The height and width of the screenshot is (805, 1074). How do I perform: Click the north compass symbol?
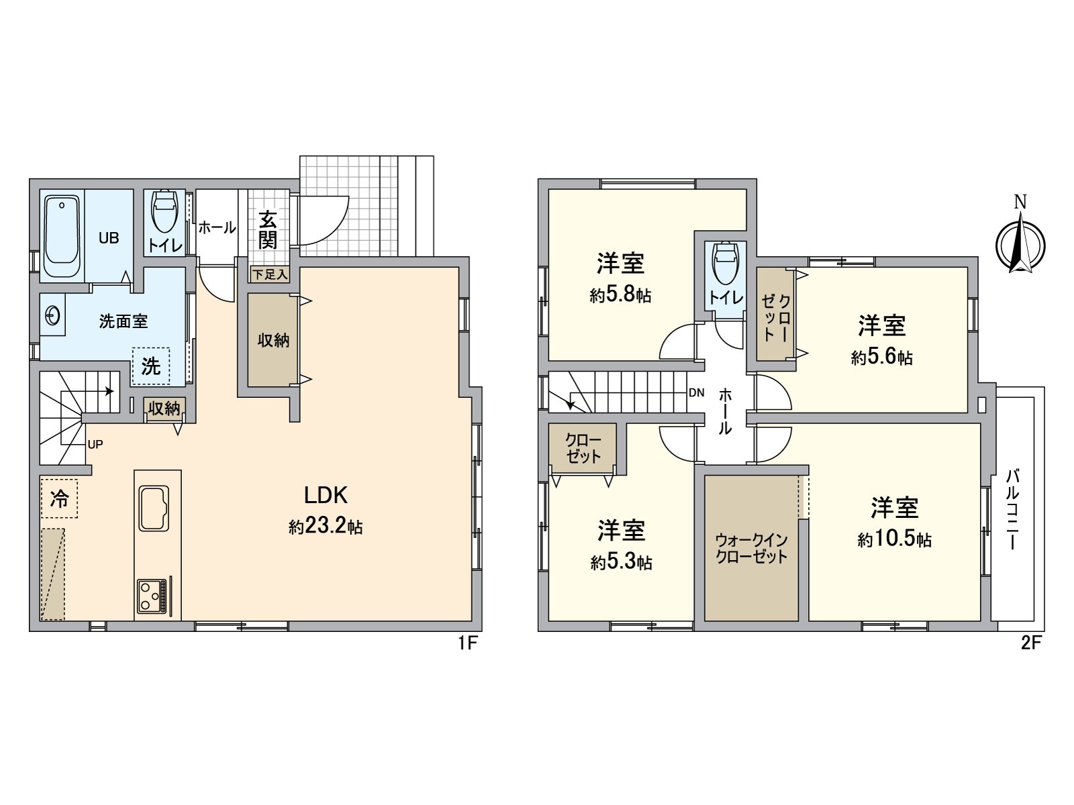1021,239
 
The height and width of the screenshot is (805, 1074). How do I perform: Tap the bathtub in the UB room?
62,237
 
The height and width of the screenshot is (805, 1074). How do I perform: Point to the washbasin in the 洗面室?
52,316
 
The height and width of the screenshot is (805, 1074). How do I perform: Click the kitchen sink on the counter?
154,508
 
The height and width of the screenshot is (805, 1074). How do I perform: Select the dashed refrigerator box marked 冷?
59,498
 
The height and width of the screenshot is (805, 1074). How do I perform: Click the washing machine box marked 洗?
151,366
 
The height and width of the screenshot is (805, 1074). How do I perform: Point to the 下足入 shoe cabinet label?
270,274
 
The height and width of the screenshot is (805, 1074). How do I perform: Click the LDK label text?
326,495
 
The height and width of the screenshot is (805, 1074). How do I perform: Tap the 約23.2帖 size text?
326,527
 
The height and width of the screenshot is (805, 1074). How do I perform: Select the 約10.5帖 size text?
894,539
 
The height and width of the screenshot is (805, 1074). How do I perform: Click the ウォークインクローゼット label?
752,548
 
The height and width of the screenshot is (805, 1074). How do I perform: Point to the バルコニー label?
1013,509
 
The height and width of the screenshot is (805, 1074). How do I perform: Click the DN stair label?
696,392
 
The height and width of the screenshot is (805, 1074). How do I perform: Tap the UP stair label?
95,445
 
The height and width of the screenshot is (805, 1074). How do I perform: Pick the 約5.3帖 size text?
621,563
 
